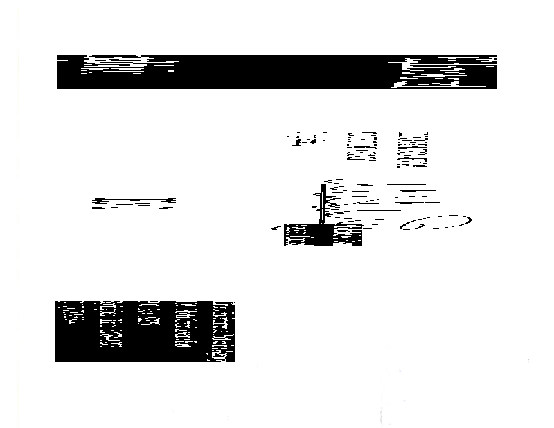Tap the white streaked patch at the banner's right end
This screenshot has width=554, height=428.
pos(443,71)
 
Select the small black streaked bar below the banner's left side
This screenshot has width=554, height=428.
pos(133,203)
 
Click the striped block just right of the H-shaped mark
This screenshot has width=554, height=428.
pos(361,146)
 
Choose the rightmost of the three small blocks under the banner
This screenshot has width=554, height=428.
pos(413,149)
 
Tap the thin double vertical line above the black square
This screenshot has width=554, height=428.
pos(323,202)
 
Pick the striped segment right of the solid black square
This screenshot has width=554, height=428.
pos(348,235)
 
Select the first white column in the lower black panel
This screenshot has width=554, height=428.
pos(73,312)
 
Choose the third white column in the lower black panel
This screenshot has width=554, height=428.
pos(148,313)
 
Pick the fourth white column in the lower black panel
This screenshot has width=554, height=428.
pos(186,323)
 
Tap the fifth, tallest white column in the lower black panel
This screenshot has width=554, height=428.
pos(222,330)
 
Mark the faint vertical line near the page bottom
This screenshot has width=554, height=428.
pos(382,398)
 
